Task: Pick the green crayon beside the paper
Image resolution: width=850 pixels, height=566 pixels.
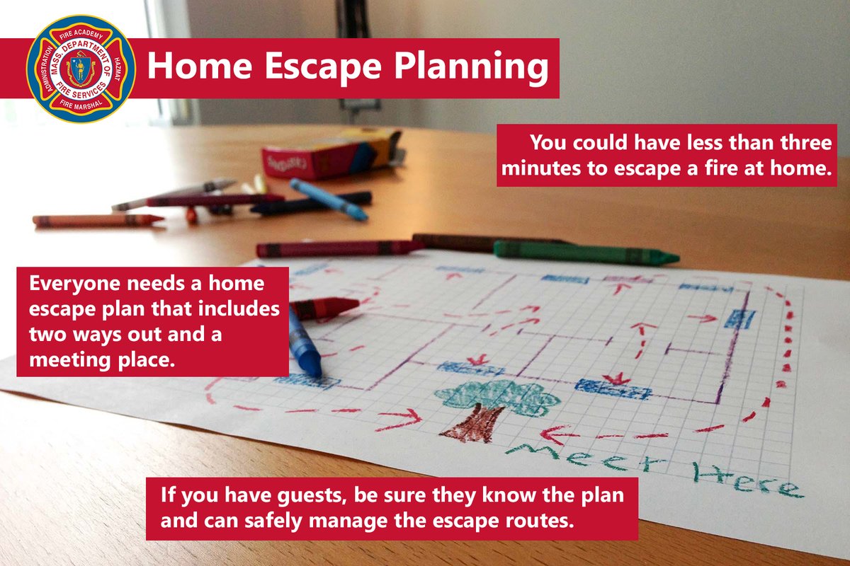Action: pyautogui.click(x=585, y=252)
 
